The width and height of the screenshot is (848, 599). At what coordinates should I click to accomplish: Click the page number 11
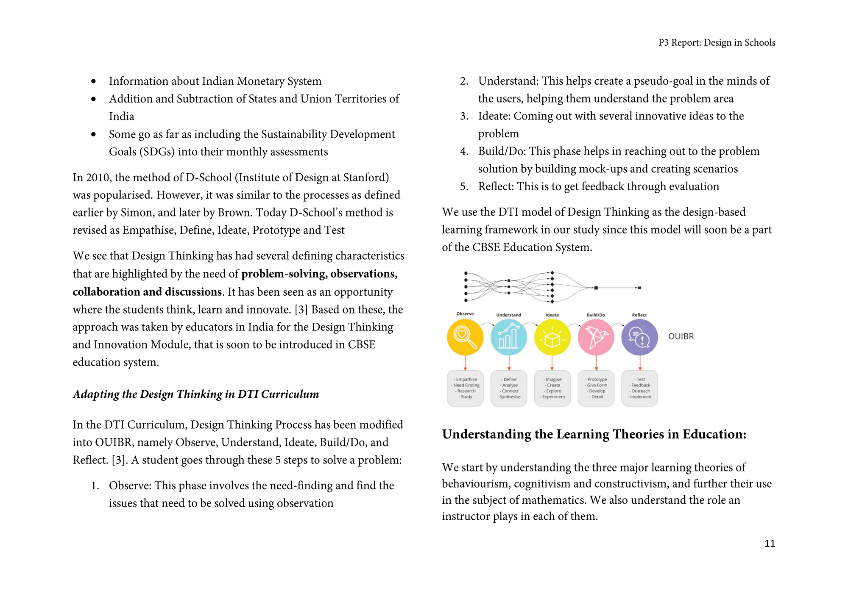click(770, 544)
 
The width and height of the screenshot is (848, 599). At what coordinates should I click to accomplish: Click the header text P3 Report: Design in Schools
click(717, 43)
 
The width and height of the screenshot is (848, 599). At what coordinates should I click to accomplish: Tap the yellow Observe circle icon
click(465, 337)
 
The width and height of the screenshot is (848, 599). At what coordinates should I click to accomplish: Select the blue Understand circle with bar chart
click(509, 337)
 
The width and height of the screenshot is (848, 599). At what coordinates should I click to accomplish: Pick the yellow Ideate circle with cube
click(552, 337)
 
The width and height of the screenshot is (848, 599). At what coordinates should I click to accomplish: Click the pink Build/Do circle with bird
click(596, 337)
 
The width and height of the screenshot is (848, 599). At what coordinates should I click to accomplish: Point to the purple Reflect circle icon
click(639, 337)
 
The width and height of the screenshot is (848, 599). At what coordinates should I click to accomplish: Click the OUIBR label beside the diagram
click(681, 336)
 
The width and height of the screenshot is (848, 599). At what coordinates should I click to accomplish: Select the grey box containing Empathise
click(465, 388)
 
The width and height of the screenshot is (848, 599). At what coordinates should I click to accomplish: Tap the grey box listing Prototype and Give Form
click(596, 388)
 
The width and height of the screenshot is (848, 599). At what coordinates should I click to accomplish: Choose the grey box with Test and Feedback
click(639, 388)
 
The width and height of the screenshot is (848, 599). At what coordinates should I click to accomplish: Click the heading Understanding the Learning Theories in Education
click(594, 434)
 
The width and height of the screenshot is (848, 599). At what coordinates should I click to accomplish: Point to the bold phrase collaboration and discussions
click(147, 292)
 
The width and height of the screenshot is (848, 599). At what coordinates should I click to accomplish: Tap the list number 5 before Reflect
click(464, 187)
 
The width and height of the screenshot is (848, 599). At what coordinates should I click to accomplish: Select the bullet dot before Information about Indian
click(93, 81)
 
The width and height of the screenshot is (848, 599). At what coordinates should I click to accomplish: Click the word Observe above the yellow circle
click(465, 314)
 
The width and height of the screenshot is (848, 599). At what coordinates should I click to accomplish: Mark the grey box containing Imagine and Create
click(552, 388)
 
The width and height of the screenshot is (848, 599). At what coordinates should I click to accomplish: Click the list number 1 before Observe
click(95, 486)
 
